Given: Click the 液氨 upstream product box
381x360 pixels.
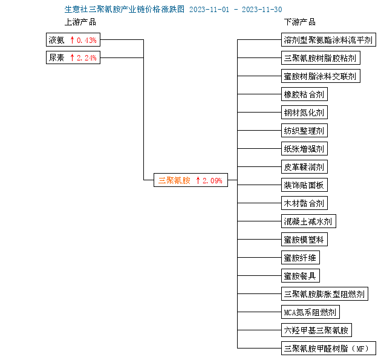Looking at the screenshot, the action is point(73,39).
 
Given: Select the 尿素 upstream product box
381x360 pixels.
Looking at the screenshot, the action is point(73,57).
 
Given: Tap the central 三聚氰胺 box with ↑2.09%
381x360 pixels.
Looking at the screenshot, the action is point(190,180).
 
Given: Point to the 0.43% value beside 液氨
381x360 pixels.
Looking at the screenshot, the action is point(86,40).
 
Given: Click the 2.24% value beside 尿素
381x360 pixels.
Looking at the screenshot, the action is point(86,58).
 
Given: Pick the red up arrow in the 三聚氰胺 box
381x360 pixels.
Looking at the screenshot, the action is point(198,180).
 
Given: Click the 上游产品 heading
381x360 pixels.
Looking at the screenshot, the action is point(80,22).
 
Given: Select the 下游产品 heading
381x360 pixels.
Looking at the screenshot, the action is point(300,22).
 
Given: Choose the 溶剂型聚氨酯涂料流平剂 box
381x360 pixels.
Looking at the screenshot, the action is point(328,39).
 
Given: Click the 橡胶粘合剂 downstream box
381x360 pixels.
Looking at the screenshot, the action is point(304,94).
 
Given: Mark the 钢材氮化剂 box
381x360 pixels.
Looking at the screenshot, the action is point(304,113).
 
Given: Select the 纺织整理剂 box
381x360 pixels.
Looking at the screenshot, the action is point(304,131).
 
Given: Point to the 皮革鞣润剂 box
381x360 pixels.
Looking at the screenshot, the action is point(304,167).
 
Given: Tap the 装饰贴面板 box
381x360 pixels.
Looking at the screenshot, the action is point(304,185).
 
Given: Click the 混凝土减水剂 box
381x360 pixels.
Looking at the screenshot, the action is point(308,221).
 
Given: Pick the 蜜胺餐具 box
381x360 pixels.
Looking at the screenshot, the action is point(301,276).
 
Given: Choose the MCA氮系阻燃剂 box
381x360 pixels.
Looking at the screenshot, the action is point(310,312).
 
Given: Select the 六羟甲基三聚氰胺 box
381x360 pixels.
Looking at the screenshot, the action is point(316,330).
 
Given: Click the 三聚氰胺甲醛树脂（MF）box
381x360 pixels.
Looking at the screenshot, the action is point(328,349).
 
